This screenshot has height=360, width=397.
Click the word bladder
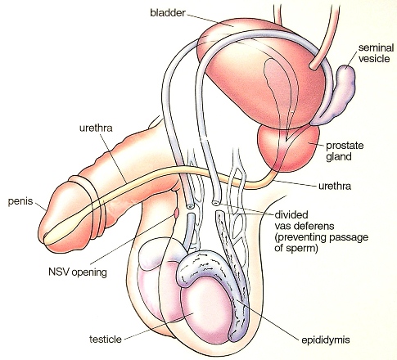point(168,13)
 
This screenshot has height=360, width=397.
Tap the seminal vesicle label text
point(376,53)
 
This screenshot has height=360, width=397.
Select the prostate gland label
point(345,151)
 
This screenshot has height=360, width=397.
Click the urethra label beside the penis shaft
point(96,128)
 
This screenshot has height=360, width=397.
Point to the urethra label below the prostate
point(335,186)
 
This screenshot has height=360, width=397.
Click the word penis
point(20,202)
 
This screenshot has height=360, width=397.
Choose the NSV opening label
point(78,272)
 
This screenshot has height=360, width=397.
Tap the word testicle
point(106,340)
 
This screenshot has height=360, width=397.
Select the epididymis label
point(326,340)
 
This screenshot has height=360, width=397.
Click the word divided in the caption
point(291,214)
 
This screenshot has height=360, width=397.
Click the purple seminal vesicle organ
point(337,96)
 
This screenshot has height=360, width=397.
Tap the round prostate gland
point(289,149)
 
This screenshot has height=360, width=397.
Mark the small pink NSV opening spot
point(176,213)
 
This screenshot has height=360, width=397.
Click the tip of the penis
point(41,235)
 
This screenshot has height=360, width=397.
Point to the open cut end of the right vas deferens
point(215,203)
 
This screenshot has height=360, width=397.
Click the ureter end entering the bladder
point(313,66)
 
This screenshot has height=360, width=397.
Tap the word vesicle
point(374,59)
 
